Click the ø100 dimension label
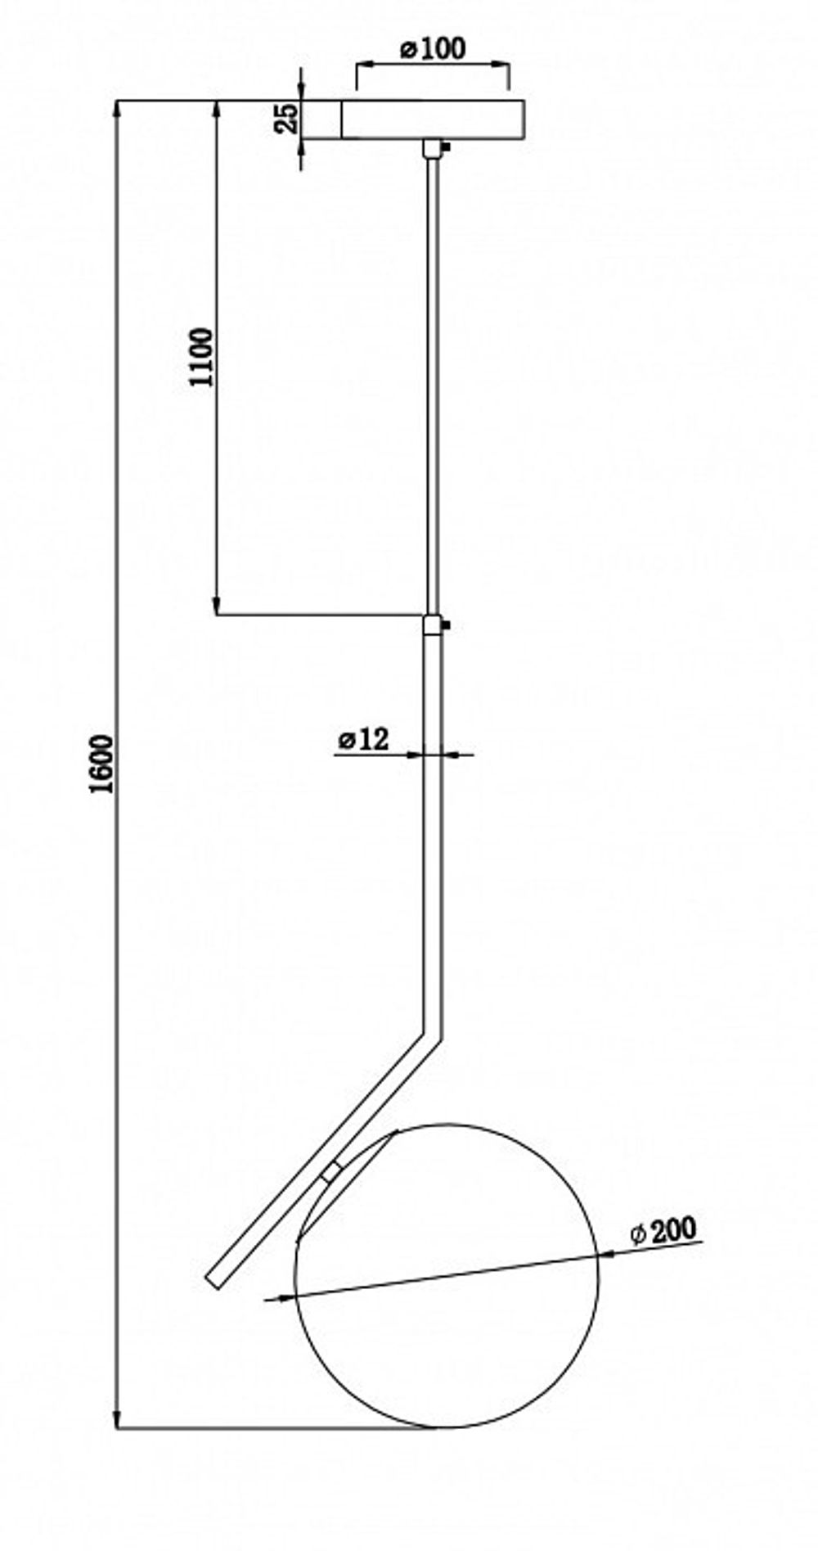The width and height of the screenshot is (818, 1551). pyautogui.click(x=433, y=49)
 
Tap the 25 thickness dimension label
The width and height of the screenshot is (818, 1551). pyautogui.click(x=285, y=119)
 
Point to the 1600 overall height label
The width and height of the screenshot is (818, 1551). pyautogui.click(x=102, y=764)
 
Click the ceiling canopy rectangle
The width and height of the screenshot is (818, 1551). pyautogui.click(x=432, y=119)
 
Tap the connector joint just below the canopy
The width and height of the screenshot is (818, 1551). pyautogui.click(x=432, y=149)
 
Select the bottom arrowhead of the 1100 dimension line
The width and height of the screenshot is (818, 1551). pyautogui.click(x=217, y=608)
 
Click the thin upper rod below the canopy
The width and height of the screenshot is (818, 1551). pyautogui.click(x=433, y=376)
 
